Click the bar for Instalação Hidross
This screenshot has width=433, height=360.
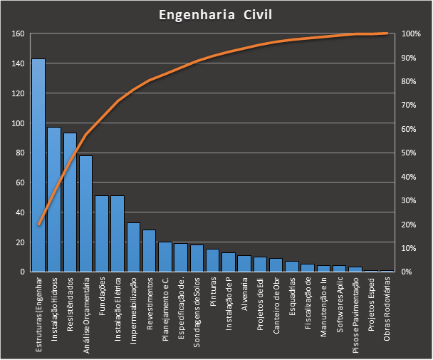54,200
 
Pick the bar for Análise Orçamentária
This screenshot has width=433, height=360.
85,213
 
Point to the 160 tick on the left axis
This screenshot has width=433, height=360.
18,34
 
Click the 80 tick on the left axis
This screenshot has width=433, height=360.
20,153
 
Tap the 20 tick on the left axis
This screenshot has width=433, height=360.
20,242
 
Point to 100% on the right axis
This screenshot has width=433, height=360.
411,34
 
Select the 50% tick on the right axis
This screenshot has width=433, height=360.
409,153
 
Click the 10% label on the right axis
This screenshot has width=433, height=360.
409,248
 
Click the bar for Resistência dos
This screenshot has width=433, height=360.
70,202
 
